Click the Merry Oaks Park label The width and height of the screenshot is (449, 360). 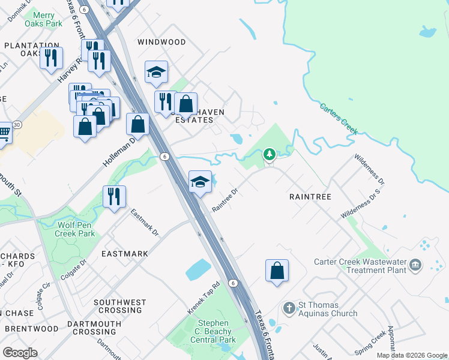click(x=44, y=19)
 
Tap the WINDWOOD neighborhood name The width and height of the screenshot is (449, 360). click(x=161, y=42)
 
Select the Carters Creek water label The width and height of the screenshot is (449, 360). click(x=339, y=118)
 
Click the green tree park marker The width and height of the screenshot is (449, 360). click(x=270, y=155)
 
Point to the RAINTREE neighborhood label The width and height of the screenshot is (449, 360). click(x=310, y=197)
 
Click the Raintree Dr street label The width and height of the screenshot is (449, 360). click(x=226, y=200)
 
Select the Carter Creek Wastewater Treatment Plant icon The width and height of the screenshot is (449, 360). click(x=415, y=265)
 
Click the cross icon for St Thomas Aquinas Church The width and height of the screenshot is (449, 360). click(x=289, y=308)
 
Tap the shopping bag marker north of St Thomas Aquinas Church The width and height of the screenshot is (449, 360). click(x=277, y=271)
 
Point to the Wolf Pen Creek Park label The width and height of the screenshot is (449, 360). click(x=76, y=229)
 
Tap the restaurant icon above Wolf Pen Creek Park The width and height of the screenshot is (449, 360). click(x=114, y=197)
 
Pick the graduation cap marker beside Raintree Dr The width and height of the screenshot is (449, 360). click(x=200, y=182)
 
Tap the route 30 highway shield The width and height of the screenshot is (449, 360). click(x=16, y=125)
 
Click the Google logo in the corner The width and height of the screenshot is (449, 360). click(x=20, y=353)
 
